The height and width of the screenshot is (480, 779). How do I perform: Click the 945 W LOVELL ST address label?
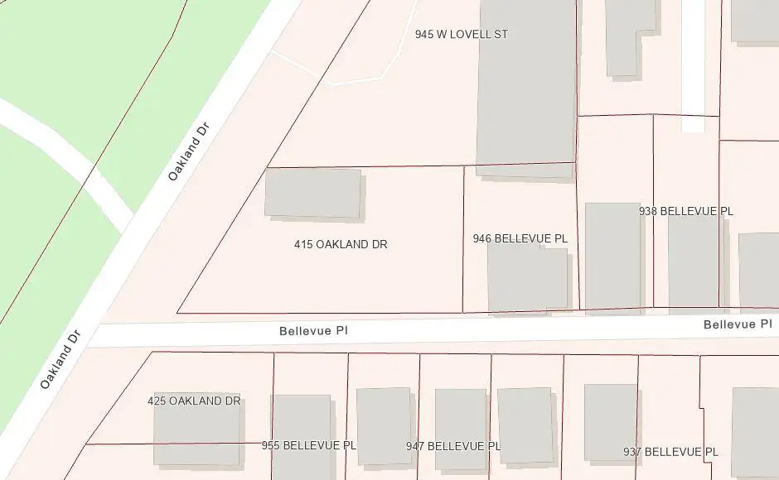pos(461,35)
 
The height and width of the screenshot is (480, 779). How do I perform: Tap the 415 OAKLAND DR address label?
pos(341,245)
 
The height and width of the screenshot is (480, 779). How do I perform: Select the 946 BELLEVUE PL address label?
pos(520,238)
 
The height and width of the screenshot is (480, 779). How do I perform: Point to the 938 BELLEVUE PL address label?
pos(685,211)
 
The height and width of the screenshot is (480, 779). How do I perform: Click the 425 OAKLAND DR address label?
pos(194,401)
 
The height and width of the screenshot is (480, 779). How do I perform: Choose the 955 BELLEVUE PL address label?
pos(308,445)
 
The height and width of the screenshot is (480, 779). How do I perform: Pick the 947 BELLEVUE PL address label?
pos(453,446)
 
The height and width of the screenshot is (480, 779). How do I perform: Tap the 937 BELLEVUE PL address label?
pos(670,452)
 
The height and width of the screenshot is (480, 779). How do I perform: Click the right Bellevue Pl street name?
pos(738,324)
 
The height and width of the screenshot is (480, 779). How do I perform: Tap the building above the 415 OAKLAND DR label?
pos(313,194)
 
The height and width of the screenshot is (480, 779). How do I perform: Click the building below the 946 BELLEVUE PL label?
pos(527,277)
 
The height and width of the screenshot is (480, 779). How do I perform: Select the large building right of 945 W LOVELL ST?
pos(526,83)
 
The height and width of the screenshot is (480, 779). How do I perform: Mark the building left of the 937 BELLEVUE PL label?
pos(610,421)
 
